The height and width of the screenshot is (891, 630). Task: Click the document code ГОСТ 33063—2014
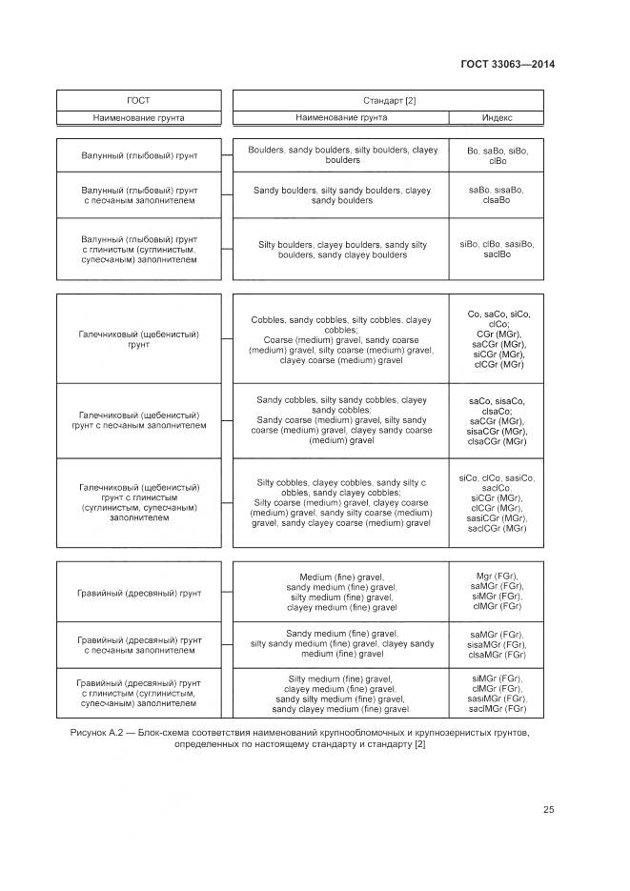[507, 65]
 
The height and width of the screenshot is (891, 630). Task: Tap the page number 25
[548, 810]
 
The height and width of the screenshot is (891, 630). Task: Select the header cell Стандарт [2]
[389, 100]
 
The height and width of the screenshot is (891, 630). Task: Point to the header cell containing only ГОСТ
[138, 100]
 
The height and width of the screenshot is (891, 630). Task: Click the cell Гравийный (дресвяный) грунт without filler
[139, 593]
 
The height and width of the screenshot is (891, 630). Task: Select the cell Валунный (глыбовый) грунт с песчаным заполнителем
[139, 195]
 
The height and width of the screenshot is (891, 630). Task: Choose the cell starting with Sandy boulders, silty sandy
[341, 195]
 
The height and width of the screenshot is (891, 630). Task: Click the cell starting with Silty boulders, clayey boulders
[341, 250]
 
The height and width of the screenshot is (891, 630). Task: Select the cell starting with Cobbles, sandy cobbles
[341, 339]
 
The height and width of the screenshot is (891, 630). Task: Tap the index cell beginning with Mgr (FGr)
[497, 592]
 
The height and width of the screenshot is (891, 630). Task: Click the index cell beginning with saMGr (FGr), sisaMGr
[497, 644]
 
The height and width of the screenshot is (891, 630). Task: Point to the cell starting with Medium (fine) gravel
[341, 592]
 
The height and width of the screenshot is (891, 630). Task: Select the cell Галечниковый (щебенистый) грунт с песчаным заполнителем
[139, 420]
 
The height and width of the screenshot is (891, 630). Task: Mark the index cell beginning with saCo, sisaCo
[497, 420]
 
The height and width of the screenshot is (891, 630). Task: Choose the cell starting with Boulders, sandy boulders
[341, 155]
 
